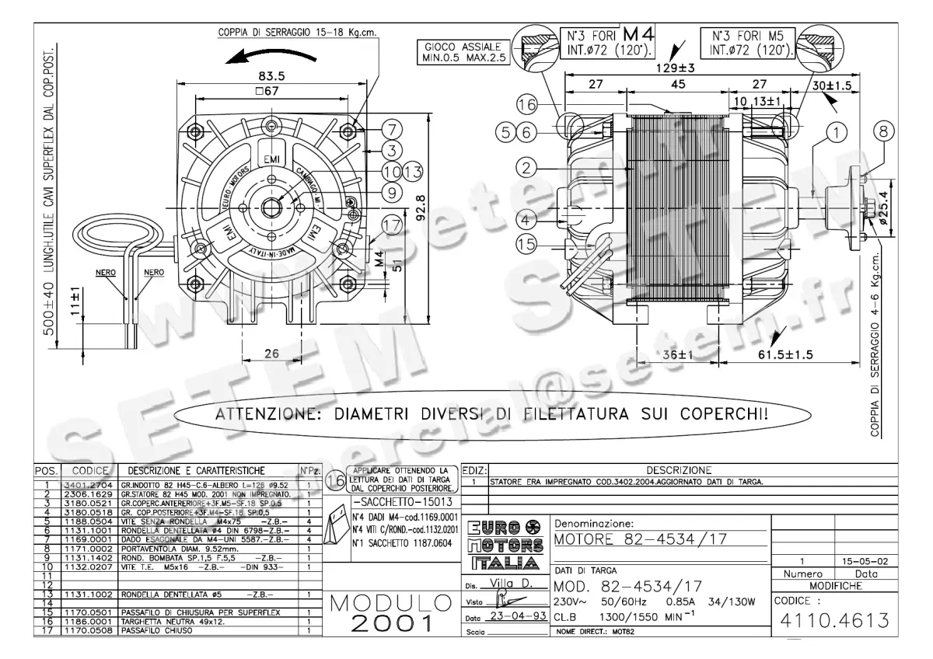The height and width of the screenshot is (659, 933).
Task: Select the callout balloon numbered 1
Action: pos(837,133)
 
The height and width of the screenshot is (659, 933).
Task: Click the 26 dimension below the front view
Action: pos(271,353)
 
